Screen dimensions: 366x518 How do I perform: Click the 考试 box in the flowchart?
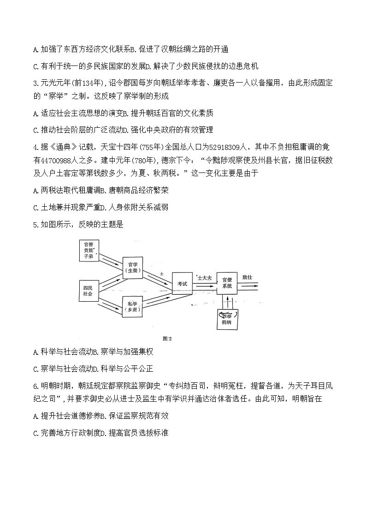pos(182,284)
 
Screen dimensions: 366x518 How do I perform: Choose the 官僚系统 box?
pos(227,283)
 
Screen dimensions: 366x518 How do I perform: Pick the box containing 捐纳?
pos(227,318)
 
